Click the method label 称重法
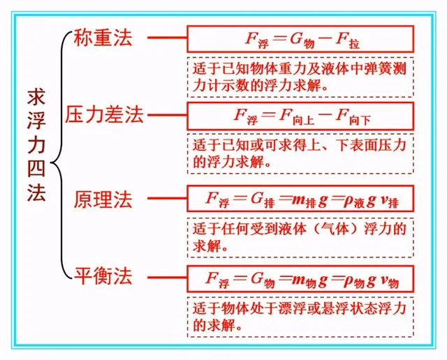(x=103, y=38)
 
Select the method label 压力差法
(x=104, y=114)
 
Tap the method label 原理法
(x=103, y=199)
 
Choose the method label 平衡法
(x=103, y=276)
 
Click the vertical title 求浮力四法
(x=37, y=145)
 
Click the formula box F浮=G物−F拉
(x=300, y=39)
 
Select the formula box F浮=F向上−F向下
(x=300, y=117)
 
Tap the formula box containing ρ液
(x=300, y=199)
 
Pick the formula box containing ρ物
(x=300, y=279)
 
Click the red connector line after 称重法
(x=168, y=38)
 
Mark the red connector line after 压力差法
(x=168, y=115)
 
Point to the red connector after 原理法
(x=168, y=199)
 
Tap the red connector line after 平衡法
(x=168, y=277)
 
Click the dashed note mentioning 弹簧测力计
(x=300, y=77)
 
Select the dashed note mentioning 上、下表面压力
(x=300, y=153)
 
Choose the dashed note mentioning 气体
(x=300, y=237)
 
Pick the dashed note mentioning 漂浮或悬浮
(x=300, y=317)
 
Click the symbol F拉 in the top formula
(x=347, y=40)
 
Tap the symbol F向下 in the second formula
(x=353, y=117)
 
